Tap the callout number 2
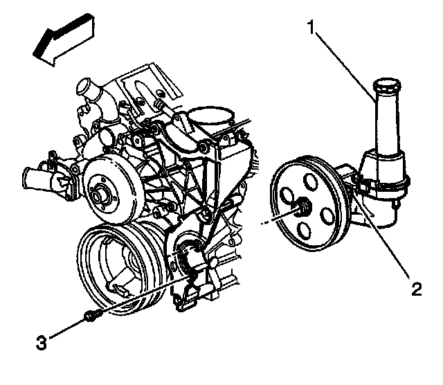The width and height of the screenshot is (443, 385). coord(415,289)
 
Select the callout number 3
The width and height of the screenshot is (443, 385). coord(42,341)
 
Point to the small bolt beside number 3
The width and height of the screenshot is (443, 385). coord(91,317)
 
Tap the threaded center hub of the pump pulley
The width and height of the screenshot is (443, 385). coord(302,208)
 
